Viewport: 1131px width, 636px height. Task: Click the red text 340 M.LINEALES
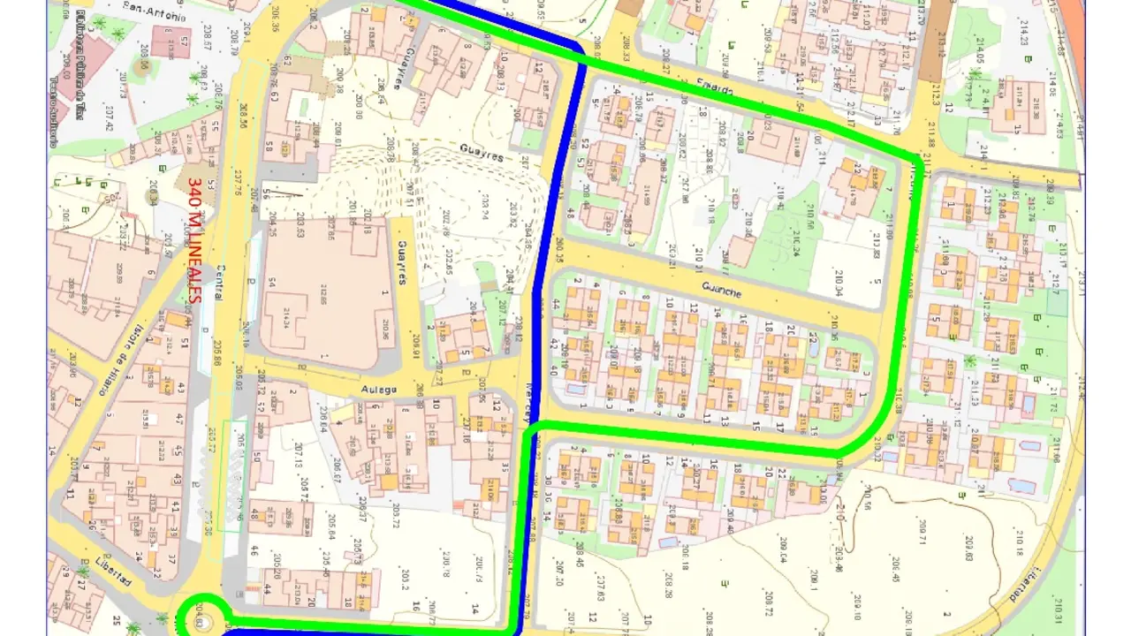click(x=194, y=238)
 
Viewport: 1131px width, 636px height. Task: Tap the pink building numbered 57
click(x=171, y=41)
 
